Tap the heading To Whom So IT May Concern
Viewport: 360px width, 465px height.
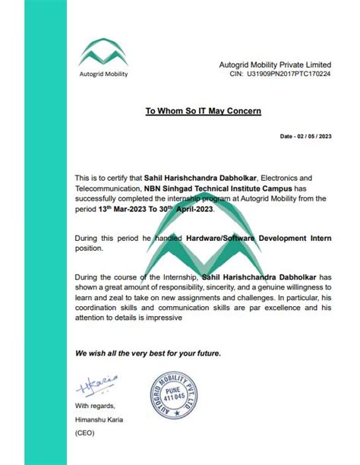(x=203, y=111)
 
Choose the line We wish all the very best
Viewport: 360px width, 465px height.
(x=147, y=354)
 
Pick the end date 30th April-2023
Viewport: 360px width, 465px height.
(x=186, y=209)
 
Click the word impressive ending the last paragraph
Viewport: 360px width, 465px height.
(x=159, y=319)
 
